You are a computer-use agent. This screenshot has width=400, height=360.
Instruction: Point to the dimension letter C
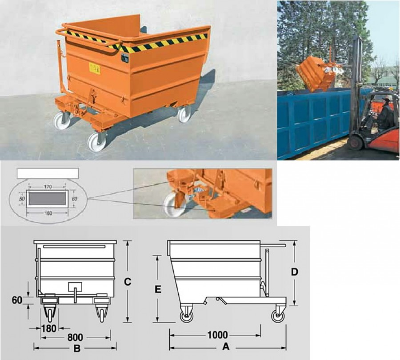128,281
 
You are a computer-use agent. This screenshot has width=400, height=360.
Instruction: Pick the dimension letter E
157,289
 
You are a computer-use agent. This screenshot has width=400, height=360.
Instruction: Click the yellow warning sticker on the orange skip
95,68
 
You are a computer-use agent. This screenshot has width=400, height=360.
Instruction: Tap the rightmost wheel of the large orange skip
184,114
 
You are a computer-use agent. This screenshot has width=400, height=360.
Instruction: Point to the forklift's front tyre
355,143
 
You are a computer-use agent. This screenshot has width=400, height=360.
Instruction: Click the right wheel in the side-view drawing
279,316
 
